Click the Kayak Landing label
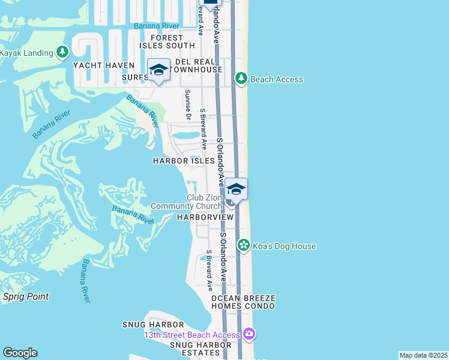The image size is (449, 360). click(27, 53)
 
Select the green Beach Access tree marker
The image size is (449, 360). click(241, 79)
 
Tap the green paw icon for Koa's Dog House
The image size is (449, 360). click(243, 245)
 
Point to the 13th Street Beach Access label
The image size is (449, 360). click(191, 335)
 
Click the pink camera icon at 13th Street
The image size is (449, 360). click(249, 334)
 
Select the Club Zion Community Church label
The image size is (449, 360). click(187, 202)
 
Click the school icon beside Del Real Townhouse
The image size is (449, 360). click(158, 70)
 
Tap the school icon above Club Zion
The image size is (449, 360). click(237, 189)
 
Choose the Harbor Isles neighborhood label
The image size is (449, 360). click(184, 161)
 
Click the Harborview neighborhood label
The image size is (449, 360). click(205, 217)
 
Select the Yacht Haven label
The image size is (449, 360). click(101, 65)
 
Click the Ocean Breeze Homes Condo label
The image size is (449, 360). click(243, 302)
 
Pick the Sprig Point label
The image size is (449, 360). click(26, 296)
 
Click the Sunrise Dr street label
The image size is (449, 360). click(188, 105)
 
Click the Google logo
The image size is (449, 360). click(20, 353)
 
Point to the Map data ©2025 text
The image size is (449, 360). click(423, 355)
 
